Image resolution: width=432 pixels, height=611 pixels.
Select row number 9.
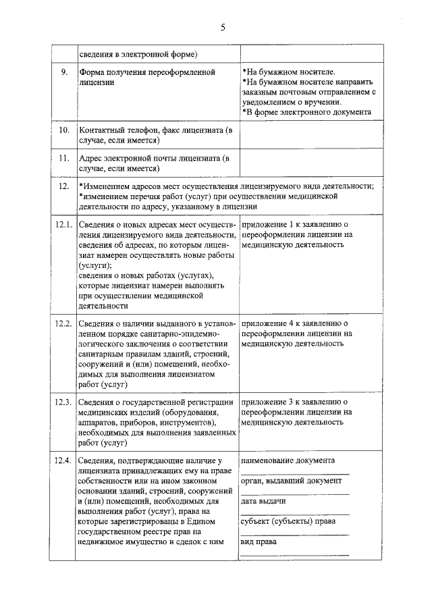click(x=63, y=71)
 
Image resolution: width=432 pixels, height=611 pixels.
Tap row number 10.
click(x=64, y=130)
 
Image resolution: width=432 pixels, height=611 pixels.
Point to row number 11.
click(x=64, y=159)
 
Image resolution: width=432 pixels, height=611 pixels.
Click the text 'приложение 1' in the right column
click(x=268, y=223)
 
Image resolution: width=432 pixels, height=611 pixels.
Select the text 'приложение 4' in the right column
click(x=268, y=323)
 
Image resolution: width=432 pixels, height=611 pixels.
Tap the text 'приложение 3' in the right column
click(x=268, y=402)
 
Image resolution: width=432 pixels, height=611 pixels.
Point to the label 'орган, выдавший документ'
click(x=291, y=481)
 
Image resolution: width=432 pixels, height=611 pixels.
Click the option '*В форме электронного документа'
click(x=306, y=111)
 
